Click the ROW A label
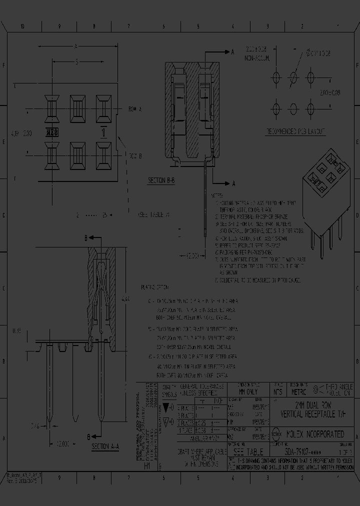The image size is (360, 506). coord(135,109)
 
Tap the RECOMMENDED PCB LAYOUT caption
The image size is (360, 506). coord(295,131)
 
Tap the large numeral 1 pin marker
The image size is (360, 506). coord(103,132)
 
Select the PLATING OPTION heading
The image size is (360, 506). coord(155,288)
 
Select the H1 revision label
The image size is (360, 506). coord(147,464)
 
